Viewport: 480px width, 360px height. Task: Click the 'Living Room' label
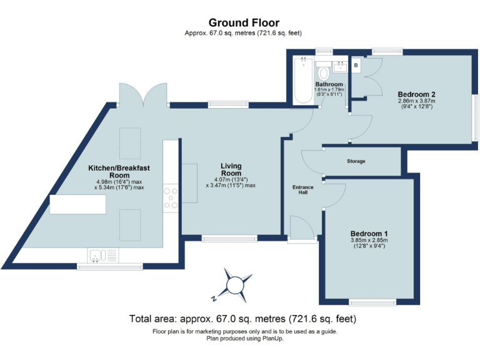231,169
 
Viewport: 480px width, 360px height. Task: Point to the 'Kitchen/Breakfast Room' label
119,172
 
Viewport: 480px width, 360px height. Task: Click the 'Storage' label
356,161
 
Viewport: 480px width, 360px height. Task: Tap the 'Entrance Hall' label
303,190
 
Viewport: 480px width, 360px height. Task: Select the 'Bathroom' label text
329,84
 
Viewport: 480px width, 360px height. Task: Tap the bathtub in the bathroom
303,80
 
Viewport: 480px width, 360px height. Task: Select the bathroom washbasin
340,65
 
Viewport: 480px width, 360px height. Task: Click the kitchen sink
97,254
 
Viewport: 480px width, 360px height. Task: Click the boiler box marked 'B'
356,65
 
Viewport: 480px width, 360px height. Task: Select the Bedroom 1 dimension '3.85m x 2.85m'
369,240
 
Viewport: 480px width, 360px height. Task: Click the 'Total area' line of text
242,319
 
